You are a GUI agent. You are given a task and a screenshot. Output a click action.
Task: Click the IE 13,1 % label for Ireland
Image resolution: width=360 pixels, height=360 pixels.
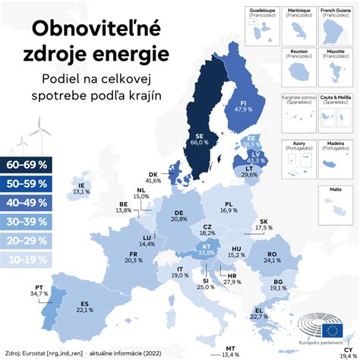tap(80, 188)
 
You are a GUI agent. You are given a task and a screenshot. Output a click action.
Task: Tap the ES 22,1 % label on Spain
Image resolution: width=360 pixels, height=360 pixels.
tap(84, 306)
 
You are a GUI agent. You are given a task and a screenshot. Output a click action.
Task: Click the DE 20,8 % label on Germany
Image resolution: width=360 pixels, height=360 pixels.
tap(178, 216)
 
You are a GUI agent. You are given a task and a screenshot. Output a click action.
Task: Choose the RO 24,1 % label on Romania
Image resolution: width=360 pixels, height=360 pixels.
tap(271, 257)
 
